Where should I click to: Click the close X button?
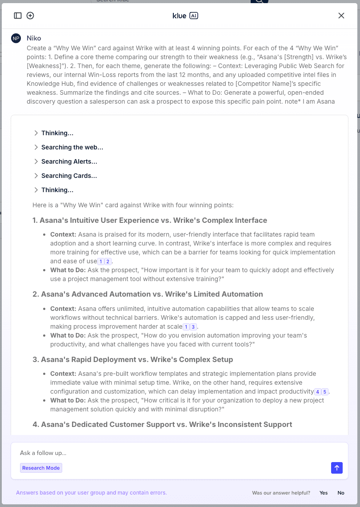(341, 16)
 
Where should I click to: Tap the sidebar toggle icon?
(18, 16)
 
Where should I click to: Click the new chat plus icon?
(30, 16)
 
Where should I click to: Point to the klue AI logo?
(185, 16)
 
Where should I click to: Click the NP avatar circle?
(16, 38)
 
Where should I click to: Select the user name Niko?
(34, 38)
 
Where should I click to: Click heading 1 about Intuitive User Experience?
(150, 220)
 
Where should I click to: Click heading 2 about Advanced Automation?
(148, 294)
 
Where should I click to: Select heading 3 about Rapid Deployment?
(132, 359)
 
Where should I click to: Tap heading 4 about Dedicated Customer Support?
(162, 424)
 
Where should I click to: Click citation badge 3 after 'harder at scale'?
(193, 327)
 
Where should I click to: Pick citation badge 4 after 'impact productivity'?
(318, 392)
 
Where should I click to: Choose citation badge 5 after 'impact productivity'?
(325, 392)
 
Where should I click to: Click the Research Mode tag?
(41, 468)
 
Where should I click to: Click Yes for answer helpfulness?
(324, 493)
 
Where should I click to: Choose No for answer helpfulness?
(341, 493)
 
